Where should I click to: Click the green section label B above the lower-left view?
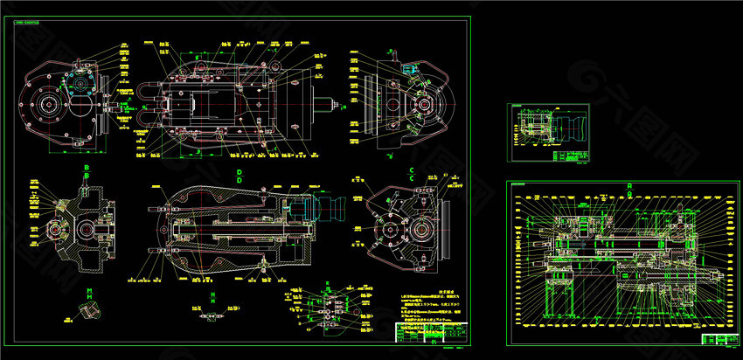pos(87,166)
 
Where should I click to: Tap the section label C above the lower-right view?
pos(411,170)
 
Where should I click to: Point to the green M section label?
pos(88,290)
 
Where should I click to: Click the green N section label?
pos(212,295)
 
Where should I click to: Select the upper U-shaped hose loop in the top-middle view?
pos(148,91)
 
